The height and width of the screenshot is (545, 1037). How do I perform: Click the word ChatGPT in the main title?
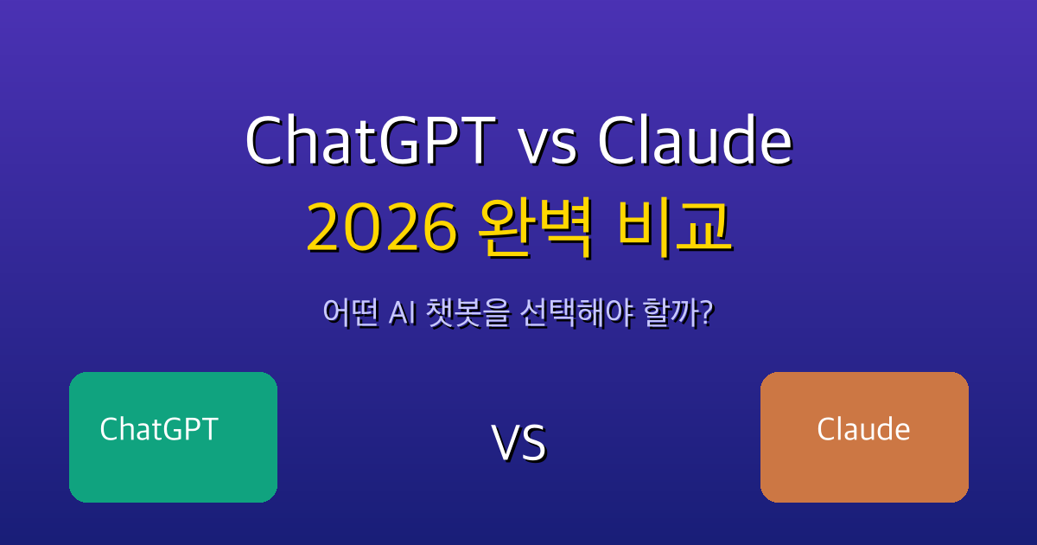(372, 139)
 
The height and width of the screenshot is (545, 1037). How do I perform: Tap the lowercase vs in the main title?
(548, 145)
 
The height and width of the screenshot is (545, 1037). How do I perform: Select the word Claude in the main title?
(696, 139)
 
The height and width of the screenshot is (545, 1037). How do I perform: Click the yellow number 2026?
(382, 228)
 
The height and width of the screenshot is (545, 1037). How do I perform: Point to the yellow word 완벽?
(535, 228)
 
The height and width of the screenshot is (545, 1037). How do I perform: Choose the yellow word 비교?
(675, 228)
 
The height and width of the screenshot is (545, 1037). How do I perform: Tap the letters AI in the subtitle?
(403, 313)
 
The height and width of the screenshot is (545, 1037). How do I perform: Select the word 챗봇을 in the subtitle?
(468, 313)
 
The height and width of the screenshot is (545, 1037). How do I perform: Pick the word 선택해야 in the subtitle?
(577, 313)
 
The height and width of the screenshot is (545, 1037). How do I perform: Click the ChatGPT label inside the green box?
(159, 429)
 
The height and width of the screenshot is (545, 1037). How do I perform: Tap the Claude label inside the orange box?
(863, 429)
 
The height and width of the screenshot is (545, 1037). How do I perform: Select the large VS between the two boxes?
(519, 443)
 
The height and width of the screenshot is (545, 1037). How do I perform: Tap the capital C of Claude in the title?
(618, 140)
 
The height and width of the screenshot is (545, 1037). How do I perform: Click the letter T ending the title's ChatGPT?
(478, 140)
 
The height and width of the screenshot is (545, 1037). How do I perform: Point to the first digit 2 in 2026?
(324, 228)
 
